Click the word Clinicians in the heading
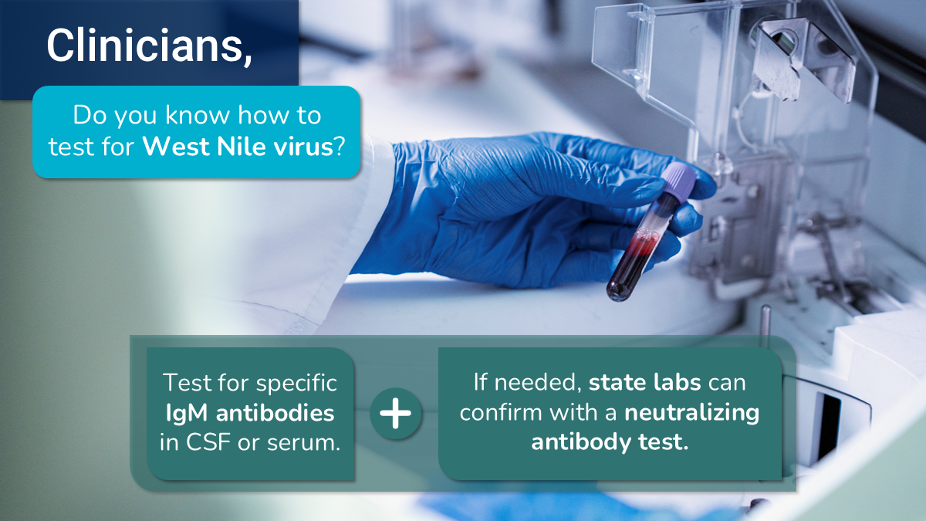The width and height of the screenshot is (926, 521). pyautogui.click(x=146, y=45)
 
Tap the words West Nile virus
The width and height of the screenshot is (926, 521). pyautogui.click(x=238, y=146)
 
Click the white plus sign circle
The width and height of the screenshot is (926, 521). pyautogui.click(x=396, y=413)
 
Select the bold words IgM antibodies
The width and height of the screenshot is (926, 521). pyautogui.click(x=250, y=413)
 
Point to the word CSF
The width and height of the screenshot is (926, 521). pyautogui.click(x=208, y=442)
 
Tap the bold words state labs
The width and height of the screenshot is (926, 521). pyautogui.click(x=645, y=382)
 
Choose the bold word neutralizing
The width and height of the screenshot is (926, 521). pyautogui.click(x=692, y=413)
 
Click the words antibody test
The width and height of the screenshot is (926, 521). pyautogui.click(x=610, y=442)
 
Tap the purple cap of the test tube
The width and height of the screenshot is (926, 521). pyautogui.click(x=679, y=181)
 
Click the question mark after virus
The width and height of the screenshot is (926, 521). pyautogui.click(x=340, y=147)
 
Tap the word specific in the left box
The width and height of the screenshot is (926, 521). pyautogui.click(x=296, y=384)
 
